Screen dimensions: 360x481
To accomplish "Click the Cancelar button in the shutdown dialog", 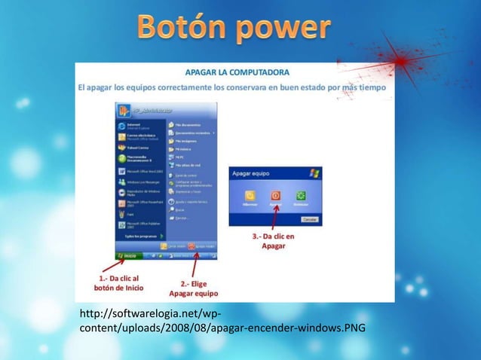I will (x=309, y=218).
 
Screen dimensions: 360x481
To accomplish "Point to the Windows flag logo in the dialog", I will (x=314, y=173).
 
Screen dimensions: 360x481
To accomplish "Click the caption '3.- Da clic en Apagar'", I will (x=273, y=241).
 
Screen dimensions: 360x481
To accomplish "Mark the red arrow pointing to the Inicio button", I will (x=113, y=266).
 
